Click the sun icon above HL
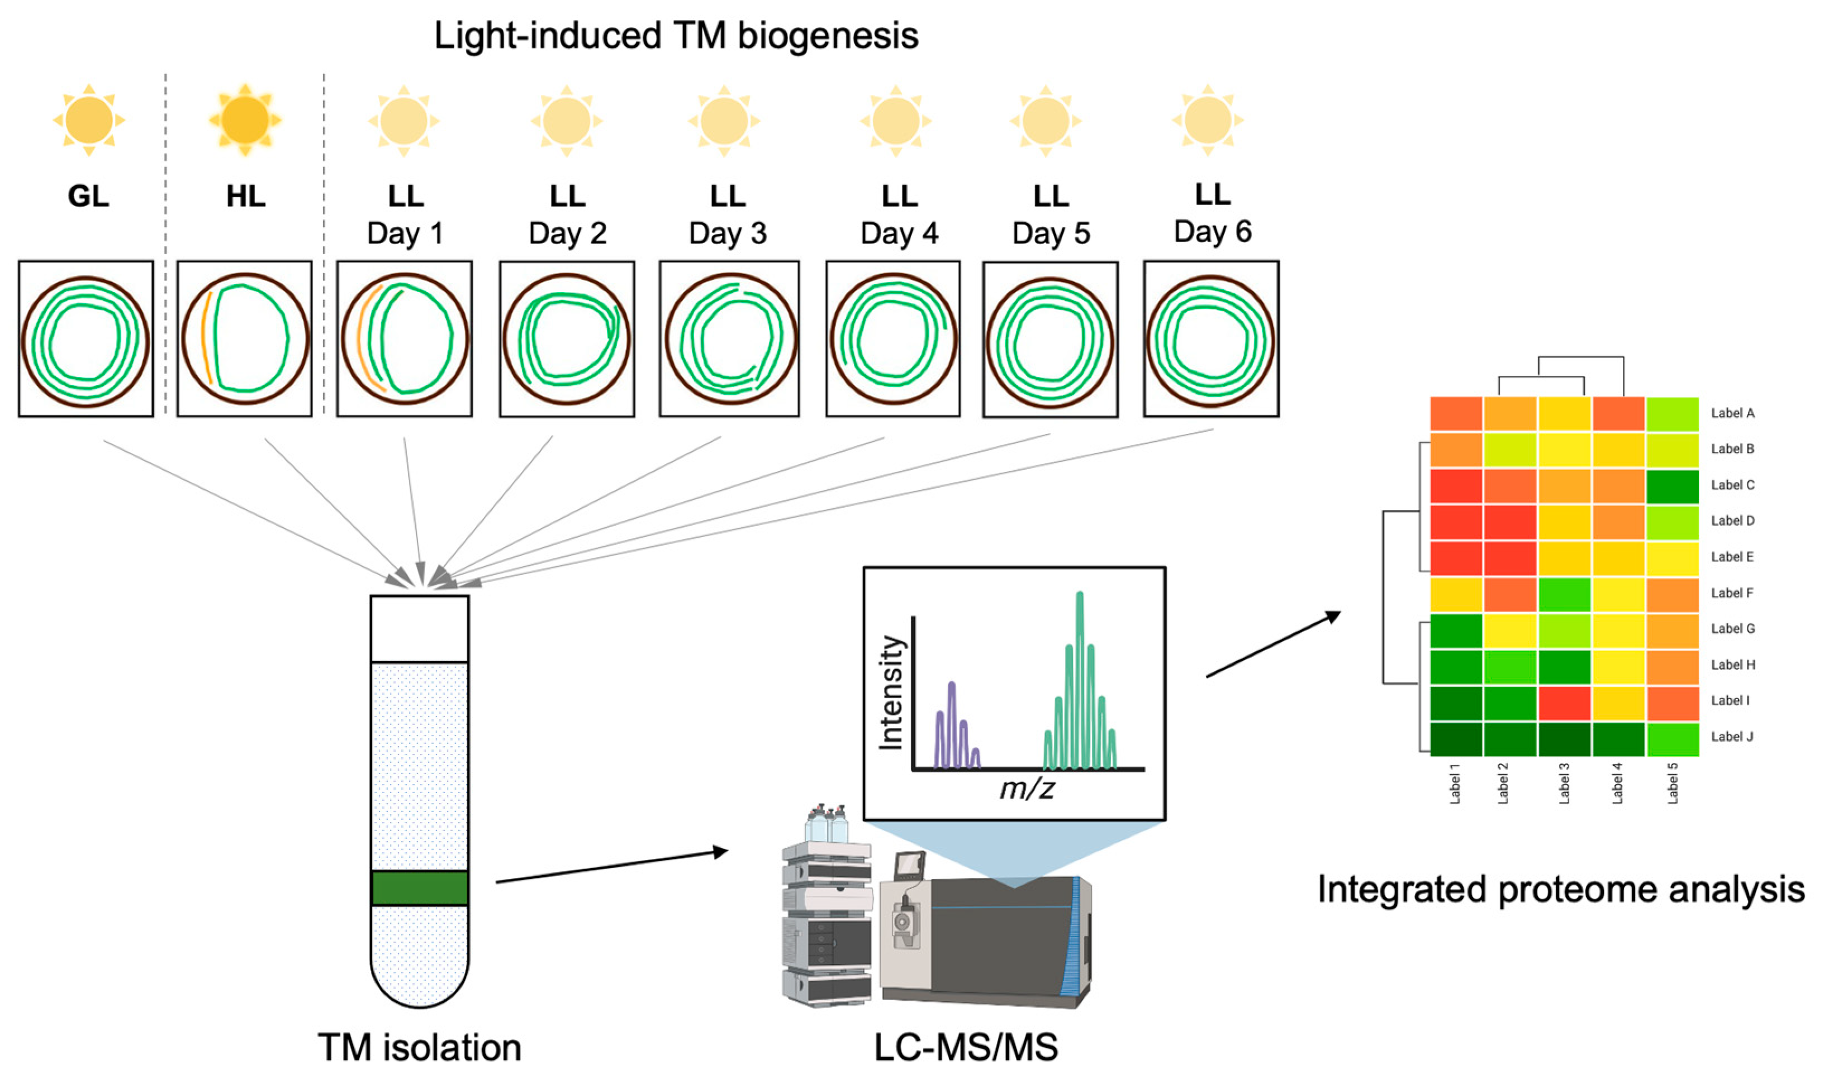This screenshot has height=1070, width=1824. click(x=245, y=120)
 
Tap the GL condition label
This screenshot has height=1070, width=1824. click(x=88, y=196)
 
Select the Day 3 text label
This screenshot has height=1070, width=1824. click(x=728, y=233)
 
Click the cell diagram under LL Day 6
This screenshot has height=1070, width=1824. click(x=1211, y=338)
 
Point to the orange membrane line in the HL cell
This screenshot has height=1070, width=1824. click(x=206, y=337)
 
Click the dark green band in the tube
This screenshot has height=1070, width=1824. click(x=420, y=888)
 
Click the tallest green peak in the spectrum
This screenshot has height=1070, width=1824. click(x=1080, y=680)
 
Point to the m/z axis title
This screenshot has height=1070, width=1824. click(x=1027, y=789)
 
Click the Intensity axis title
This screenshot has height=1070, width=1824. click(x=891, y=692)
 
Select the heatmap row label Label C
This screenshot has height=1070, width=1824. click(x=1732, y=485)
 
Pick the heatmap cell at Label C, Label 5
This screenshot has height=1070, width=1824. click(x=1673, y=487)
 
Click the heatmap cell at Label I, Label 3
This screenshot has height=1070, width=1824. click(x=1564, y=703)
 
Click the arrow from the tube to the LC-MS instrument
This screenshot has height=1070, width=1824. click(x=611, y=867)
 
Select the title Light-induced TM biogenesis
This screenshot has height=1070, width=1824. click(x=676, y=35)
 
